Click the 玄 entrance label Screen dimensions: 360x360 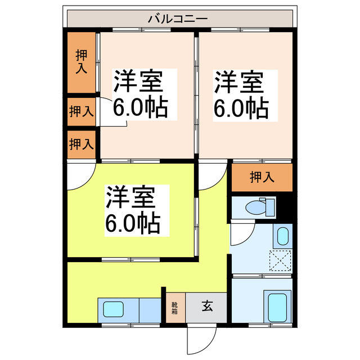coord(207,307)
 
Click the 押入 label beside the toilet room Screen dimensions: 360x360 coord(262,177)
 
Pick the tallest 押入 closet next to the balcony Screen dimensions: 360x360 coord(81,62)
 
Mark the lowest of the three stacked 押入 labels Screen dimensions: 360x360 coord(81,143)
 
